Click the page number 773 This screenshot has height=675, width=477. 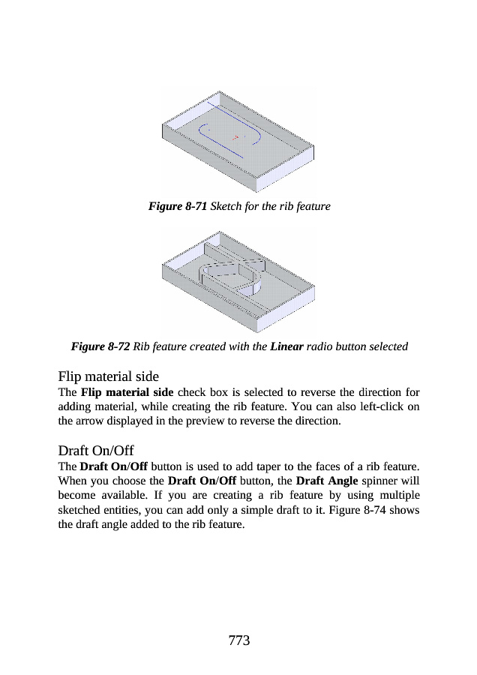click(238, 640)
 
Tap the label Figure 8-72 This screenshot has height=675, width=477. click(100, 346)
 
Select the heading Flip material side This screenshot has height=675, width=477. click(108, 376)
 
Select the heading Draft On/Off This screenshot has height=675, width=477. click(95, 451)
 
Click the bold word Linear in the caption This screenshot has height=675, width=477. click(286, 346)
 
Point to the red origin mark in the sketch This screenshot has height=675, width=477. click(235, 137)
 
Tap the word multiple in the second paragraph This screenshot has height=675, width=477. click(394, 495)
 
